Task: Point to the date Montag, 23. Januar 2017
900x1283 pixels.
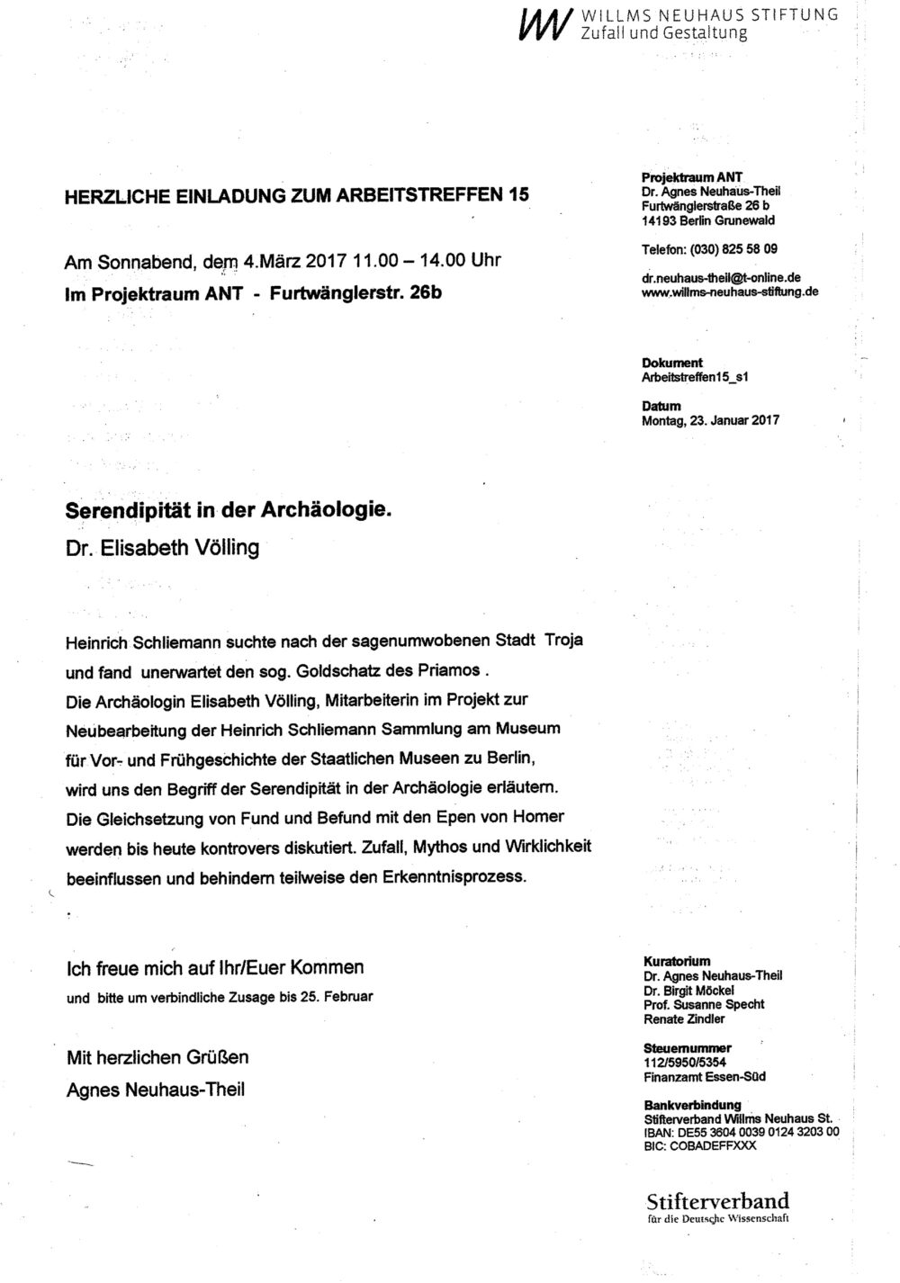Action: click(x=710, y=420)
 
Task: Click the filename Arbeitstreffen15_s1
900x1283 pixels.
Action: click(x=696, y=376)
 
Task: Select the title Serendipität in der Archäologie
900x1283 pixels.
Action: click(x=229, y=510)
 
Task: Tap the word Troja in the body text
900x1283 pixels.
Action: click(x=563, y=641)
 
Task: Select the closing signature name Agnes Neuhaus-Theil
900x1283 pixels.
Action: click(x=156, y=1090)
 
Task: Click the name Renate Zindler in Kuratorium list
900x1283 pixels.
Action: click(x=684, y=1018)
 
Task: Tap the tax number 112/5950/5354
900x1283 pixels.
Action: click(x=686, y=1063)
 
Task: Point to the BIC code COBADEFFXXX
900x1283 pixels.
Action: click(x=700, y=1145)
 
